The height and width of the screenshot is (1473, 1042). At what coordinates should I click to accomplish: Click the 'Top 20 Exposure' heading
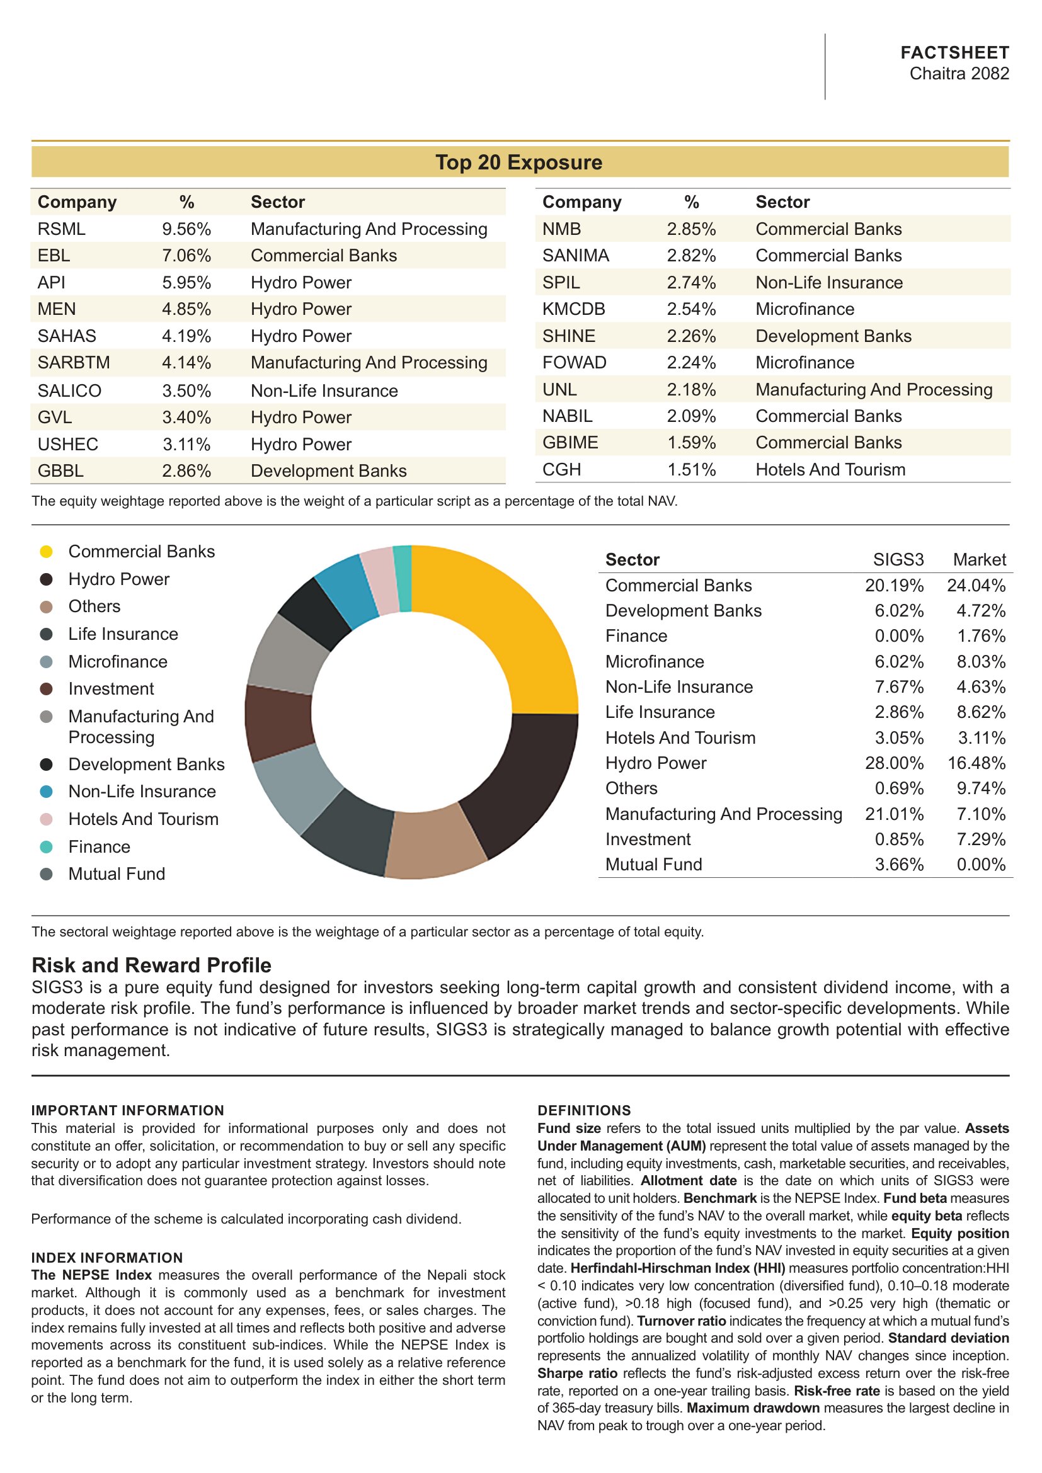coord(519,162)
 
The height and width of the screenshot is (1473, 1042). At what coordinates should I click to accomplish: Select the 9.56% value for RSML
coord(186,229)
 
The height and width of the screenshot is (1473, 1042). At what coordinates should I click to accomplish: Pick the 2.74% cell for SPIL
coord(691,283)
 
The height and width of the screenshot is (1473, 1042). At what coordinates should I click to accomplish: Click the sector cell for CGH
coord(830,470)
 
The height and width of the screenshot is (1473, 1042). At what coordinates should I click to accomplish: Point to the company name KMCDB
coord(574,309)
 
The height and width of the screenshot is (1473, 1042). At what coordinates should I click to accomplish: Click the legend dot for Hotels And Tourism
coord(46,819)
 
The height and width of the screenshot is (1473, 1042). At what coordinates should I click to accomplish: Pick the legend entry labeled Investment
coord(111,689)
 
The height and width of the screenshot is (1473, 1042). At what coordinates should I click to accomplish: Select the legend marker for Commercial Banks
coord(46,552)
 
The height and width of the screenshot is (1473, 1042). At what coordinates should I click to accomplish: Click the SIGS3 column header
coord(898,559)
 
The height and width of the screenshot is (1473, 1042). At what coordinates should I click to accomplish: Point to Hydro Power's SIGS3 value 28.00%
coord(894,763)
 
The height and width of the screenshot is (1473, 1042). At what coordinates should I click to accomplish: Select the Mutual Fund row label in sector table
coord(653,865)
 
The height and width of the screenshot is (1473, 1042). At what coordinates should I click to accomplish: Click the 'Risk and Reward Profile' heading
coord(151,965)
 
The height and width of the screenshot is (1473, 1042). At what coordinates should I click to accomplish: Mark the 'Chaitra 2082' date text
coord(959,74)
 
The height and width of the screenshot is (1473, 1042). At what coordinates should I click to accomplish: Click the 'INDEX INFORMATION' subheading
coord(107,1258)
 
